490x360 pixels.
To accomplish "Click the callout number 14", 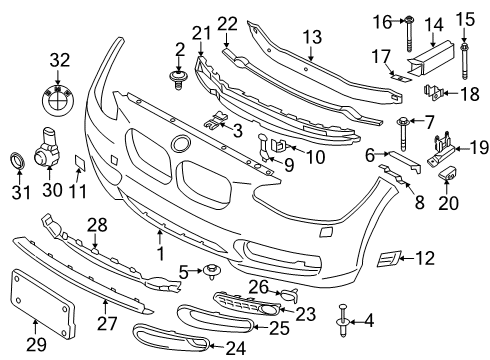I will pos(435,23).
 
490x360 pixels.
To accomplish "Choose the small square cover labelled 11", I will pos(83,161).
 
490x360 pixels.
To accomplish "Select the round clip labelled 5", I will pos(213,269).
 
